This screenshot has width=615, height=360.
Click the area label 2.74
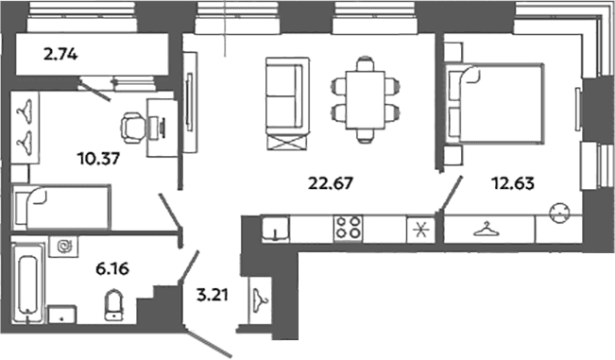click(x=60, y=55)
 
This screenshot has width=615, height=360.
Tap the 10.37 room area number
click(x=98, y=159)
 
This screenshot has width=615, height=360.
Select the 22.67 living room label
click(x=331, y=183)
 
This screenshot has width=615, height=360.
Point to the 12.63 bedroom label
click(x=513, y=183)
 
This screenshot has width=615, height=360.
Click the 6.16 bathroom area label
click(x=112, y=269)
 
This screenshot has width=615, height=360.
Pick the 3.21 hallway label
click(x=213, y=295)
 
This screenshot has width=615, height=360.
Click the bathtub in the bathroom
click(x=27, y=283)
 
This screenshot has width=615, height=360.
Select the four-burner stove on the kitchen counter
click(x=348, y=229)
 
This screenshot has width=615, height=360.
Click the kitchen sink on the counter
click(x=275, y=229)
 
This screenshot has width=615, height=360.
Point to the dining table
click(x=366, y=99)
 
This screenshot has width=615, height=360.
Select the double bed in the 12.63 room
click(x=495, y=103)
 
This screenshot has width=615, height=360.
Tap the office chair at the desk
click(x=133, y=128)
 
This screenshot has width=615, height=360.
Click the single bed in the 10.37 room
click(x=61, y=208)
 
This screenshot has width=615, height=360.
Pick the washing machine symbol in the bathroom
click(x=63, y=247)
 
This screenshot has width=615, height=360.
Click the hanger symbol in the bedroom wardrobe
click(x=487, y=230)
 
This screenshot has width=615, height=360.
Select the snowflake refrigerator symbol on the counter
click(x=421, y=230)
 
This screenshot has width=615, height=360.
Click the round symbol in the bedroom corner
click(x=559, y=213)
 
